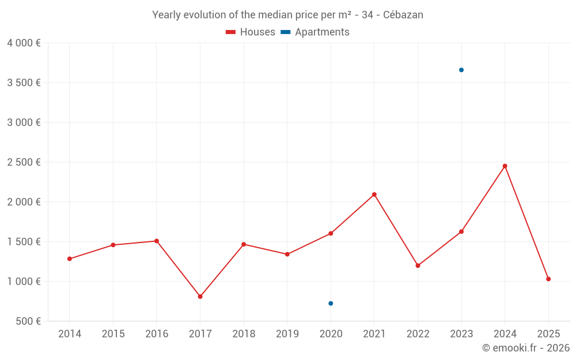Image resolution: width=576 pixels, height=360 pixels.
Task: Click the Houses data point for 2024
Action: tap(505, 166)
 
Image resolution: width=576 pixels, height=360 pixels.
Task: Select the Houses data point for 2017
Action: tap(200, 297)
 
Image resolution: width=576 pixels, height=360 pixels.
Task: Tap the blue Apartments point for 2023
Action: tap(461, 70)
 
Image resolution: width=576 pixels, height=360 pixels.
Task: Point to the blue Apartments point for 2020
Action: tap(331, 304)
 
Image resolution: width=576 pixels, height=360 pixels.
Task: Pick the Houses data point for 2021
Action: tap(374, 195)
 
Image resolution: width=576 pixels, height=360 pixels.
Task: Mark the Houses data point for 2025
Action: tap(548, 279)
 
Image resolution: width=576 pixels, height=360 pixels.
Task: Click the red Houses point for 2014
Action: tap(70, 259)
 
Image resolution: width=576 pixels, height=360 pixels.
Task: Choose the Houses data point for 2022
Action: tap(418, 266)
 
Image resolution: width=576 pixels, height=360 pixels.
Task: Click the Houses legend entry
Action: tap(251, 32)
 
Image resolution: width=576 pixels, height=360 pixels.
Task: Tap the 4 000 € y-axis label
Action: tap(24, 43)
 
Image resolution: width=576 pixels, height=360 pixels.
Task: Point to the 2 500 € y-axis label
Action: tap(24, 162)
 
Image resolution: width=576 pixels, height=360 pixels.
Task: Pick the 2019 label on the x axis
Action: tap(287, 334)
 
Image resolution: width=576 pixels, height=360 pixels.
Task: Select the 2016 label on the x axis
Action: tap(157, 334)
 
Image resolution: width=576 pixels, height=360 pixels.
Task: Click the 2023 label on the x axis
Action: tap(461, 334)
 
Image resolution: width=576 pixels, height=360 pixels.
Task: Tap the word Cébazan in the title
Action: tap(403, 15)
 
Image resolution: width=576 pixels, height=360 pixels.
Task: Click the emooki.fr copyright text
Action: tap(525, 348)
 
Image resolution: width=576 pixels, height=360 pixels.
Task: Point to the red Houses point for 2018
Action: tap(244, 244)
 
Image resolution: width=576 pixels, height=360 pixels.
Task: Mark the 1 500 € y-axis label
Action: tap(24, 242)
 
